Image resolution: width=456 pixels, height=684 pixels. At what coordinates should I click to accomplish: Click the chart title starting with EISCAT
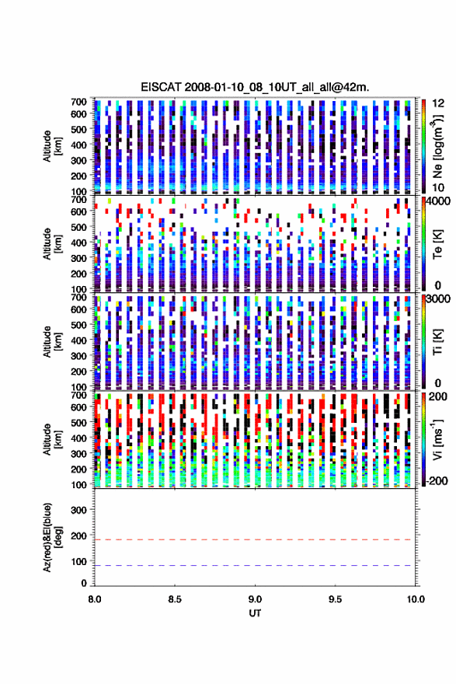click(x=255, y=87)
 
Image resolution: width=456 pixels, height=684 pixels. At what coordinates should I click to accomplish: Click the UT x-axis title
click(x=255, y=613)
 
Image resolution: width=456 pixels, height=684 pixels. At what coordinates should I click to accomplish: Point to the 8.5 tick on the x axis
click(x=175, y=599)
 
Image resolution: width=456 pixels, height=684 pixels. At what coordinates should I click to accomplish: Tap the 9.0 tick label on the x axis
click(x=255, y=599)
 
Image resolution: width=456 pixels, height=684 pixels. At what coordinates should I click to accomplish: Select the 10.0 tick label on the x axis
click(x=416, y=599)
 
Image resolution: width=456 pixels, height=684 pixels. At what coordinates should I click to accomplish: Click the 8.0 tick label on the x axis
click(x=95, y=599)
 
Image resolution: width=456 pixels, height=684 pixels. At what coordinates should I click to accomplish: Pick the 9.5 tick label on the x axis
click(x=336, y=599)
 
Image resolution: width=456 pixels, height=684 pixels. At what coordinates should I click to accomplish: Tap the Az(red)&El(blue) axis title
click(x=51, y=537)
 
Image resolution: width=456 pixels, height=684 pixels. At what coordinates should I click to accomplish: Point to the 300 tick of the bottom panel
click(x=79, y=510)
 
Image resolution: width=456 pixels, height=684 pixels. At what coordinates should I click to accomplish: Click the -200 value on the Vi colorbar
click(x=437, y=481)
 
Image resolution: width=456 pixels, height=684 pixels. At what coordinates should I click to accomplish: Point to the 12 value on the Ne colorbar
click(x=438, y=103)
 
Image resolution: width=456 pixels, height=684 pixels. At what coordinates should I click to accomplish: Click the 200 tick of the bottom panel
click(x=79, y=536)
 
